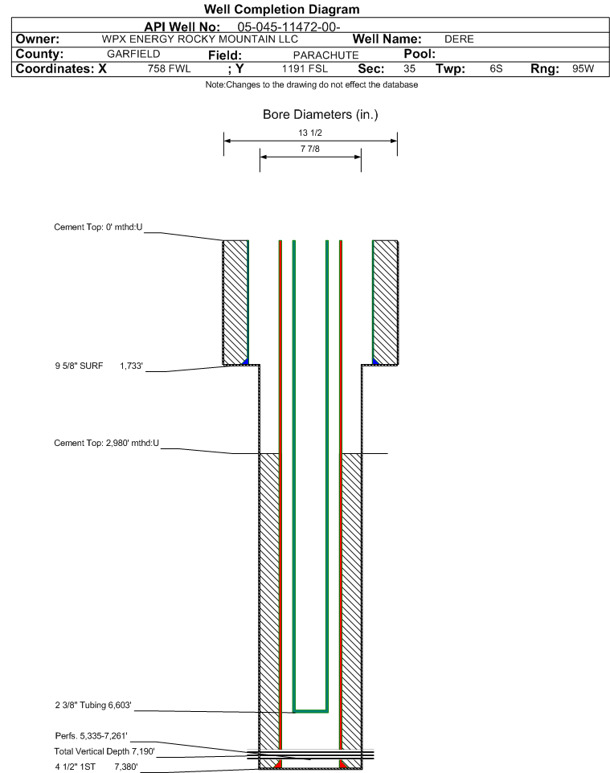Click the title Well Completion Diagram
click(281, 10)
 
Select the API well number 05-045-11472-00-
click(289, 27)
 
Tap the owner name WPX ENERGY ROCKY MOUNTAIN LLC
click(200, 39)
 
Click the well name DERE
click(459, 39)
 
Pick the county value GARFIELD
click(133, 54)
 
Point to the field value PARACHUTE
click(326, 55)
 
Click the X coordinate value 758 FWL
click(169, 68)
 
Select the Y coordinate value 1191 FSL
click(305, 68)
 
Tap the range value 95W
click(583, 68)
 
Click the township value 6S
click(496, 68)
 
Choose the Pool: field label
click(420, 54)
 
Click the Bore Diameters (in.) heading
click(321, 115)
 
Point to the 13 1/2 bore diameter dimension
click(310, 133)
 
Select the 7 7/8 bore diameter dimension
click(310, 149)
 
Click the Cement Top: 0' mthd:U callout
click(98, 227)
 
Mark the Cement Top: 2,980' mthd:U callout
click(107, 444)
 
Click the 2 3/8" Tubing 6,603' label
click(93, 706)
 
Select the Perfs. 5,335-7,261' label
click(92, 736)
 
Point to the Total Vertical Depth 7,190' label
click(104, 751)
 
